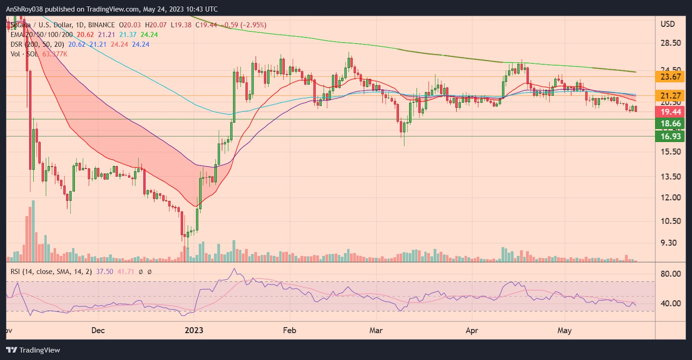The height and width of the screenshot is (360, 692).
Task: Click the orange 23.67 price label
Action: tap(670, 77)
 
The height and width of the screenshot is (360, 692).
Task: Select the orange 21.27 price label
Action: tap(670, 96)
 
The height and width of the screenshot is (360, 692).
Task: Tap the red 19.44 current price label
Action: tap(670, 112)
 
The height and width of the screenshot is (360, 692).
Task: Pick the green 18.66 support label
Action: tap(670, 124)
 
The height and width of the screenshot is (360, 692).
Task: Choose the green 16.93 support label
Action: tap(670, 137)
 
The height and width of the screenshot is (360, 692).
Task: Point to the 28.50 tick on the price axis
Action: tap(670, 43)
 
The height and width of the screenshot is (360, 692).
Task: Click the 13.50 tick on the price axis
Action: tap(670, 177)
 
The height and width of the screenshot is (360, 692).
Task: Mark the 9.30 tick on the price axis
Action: tap(668, 243)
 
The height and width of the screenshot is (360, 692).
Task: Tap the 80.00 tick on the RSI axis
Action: tap(670, 274)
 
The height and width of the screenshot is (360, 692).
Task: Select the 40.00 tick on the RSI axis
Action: tap(670, 303)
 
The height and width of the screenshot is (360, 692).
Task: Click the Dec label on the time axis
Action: tap(98, 331)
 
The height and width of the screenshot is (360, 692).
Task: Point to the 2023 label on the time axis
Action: tap(194, 331)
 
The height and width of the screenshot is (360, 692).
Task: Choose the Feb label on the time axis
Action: tap(289, 331)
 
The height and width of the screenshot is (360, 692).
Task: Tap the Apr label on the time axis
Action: tap(472, 331)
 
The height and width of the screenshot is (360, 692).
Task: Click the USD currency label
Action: tap(667, 24)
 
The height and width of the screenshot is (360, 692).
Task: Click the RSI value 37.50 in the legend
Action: tap(104, 272)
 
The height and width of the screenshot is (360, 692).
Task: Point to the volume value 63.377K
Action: tap(54, 54)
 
